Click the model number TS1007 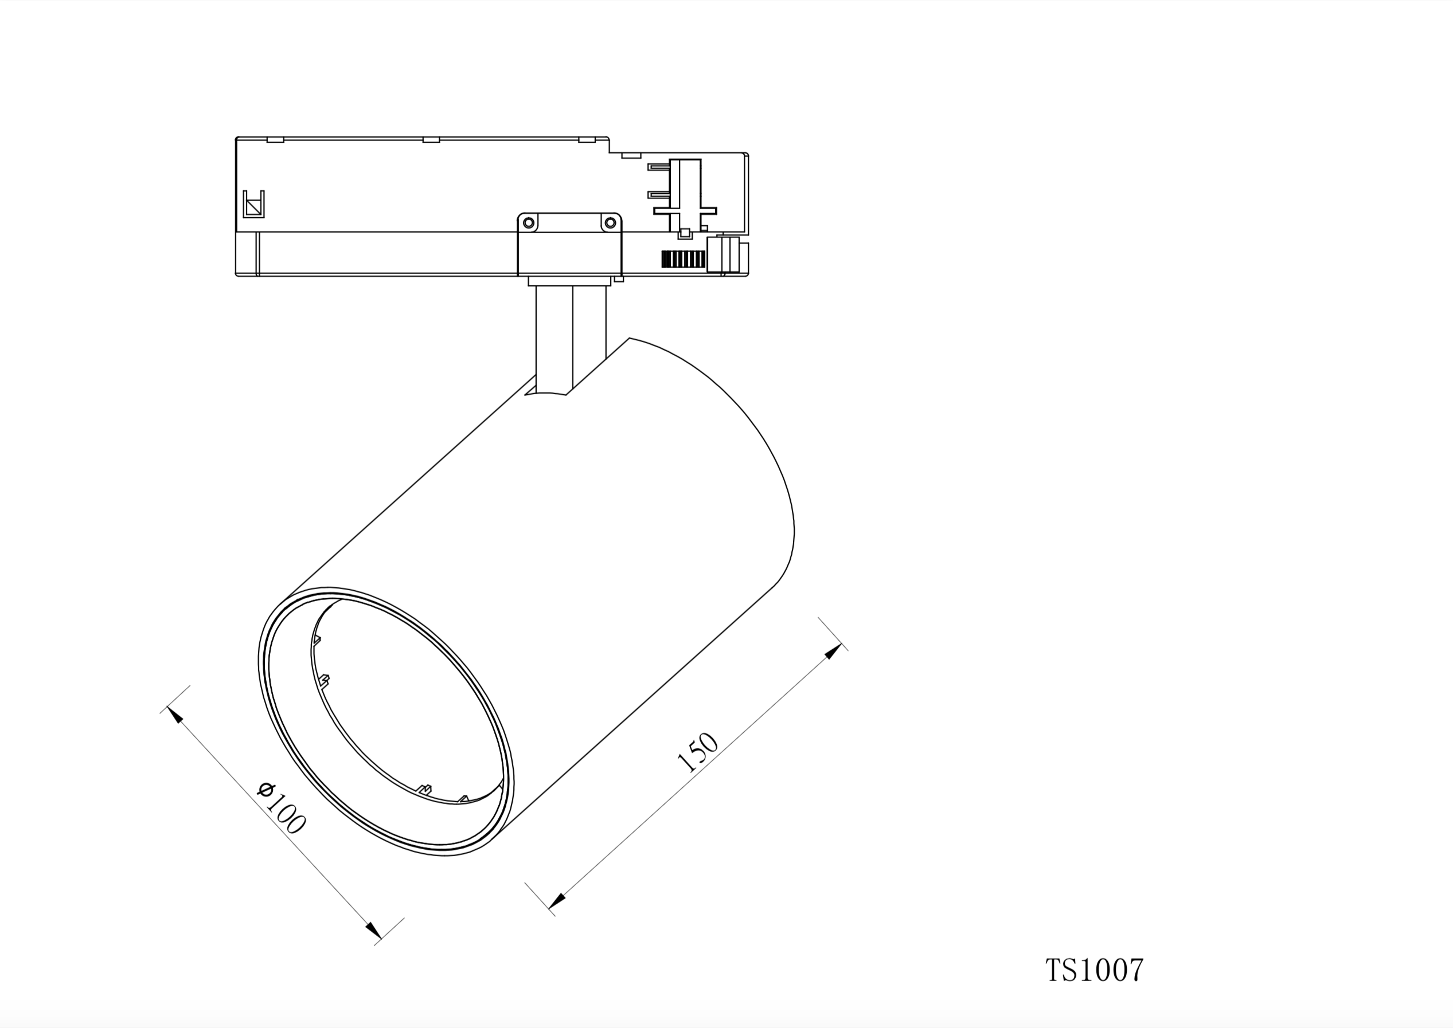point(1094,970)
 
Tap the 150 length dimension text point(698,752)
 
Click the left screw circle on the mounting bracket point(528,223)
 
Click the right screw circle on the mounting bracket point(610,223)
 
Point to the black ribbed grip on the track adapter point(683,259)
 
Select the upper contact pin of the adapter point(659,167)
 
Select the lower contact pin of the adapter point(659,194)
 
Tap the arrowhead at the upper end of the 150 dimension point(834,651)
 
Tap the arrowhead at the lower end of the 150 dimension point(557,900)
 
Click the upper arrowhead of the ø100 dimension point(175,715)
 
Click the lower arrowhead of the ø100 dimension point(374,931)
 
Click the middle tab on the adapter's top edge point(431,139)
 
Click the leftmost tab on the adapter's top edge point(275,139)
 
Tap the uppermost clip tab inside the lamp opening point(317,639)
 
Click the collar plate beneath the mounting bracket point(569,280)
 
